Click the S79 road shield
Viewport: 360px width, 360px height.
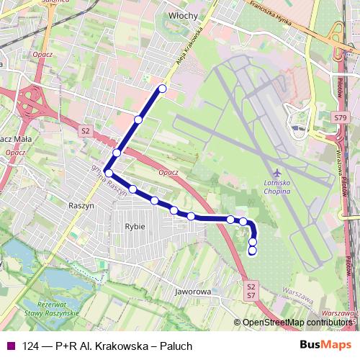click(x=341, y=117)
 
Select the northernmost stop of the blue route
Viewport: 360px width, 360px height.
click(x=162, y=89)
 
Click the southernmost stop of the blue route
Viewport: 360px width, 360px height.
click(x=252, y=251)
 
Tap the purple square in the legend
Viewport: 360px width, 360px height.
click(x=10, y=346)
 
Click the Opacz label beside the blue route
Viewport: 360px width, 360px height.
click(x=167, y=173)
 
